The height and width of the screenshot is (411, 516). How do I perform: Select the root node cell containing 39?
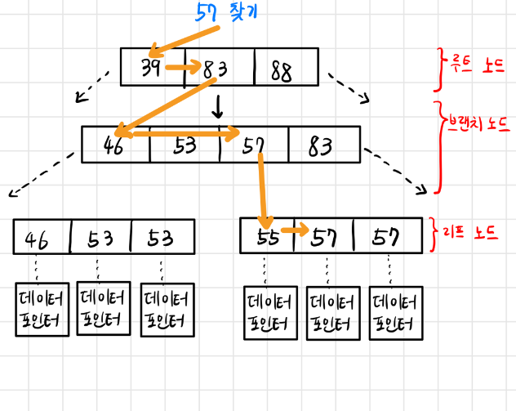point(153,68)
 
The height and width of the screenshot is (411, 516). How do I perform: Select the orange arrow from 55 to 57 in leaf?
point(294,230)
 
